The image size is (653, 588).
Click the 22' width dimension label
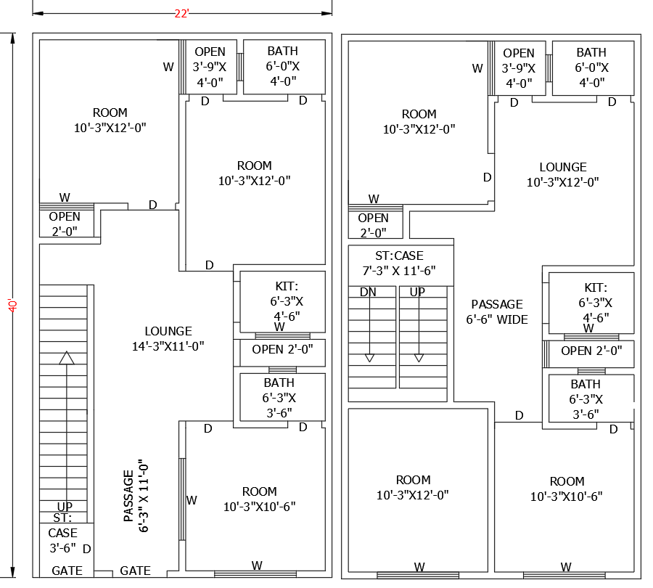[182, 13]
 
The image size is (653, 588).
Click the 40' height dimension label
[12, 304]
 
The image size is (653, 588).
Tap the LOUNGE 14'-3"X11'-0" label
[168, 338]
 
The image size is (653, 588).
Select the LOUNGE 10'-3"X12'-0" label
[563, 174]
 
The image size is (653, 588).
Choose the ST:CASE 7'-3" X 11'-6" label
[399, 263]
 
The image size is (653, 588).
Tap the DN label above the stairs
[368, 292]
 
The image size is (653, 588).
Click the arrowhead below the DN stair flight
[369, 357]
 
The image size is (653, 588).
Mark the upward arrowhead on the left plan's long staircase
[67, 357]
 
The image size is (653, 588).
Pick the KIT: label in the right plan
[596, 287]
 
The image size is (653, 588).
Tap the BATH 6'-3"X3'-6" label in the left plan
[279, 398]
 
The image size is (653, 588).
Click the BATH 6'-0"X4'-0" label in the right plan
[591, 67]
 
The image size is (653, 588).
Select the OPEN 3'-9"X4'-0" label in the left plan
[210, 66]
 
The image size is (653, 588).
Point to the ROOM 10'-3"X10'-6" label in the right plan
[567, 489]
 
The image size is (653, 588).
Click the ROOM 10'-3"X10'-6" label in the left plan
[259, 499]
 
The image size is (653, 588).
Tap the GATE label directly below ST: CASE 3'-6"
[67, 571]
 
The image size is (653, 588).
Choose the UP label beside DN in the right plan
[417, 292]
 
